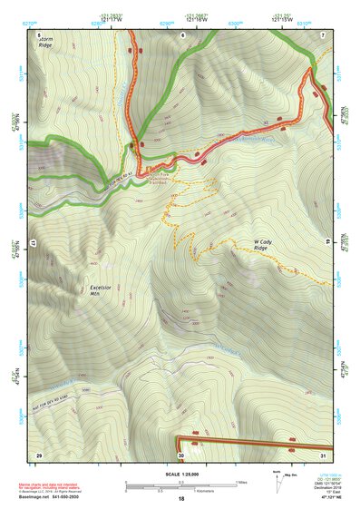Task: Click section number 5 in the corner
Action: click(x=39, y=34)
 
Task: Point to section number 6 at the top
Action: click(x=181, y=34)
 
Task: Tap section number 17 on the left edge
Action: click(x=36, y=243)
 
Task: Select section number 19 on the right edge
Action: click(x=326, y=243)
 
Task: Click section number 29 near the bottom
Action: click(x=39, y=454)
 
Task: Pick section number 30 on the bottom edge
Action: click(x=181, y=454)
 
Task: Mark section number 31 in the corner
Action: click(x=322, y=454)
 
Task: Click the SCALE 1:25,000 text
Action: click(x=180, y=474)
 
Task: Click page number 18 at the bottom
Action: click(x=180, y=500)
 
